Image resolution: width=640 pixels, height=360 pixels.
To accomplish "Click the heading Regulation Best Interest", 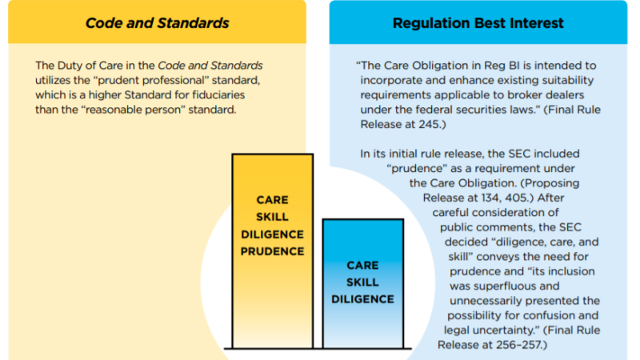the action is (x=478, y=23).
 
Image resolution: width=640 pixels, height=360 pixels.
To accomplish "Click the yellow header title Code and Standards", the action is (x=157, y=23).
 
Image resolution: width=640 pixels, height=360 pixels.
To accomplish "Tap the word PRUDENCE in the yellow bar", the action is (x=272, y=251).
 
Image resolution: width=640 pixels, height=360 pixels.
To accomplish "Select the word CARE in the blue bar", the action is (x=363, y=266).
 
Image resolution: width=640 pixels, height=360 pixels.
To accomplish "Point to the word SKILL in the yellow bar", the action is (x=272, y=217).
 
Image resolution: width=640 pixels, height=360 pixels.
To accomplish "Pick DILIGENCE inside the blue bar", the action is (x=363, y=299).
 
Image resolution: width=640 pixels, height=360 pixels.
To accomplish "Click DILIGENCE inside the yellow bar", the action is (x=272, y=234).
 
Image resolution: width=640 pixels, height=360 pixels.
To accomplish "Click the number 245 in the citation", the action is (x=429, y=124).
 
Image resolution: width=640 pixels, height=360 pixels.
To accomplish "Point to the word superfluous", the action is (x=505, y=286).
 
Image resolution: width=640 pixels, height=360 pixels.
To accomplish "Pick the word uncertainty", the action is (x=506, y=330).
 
